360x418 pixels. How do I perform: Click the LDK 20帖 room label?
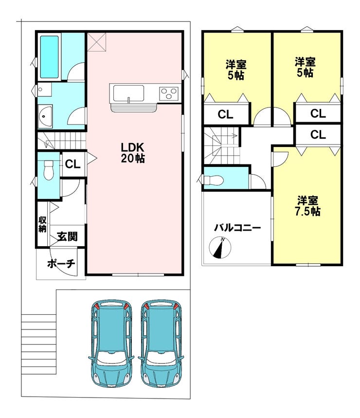tap(133, 153)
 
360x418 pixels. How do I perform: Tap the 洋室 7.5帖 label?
tap(307, 206)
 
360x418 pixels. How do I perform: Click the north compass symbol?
tap(220, 248)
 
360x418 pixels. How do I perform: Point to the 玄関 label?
tap(67, 236)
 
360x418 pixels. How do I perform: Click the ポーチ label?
tap(61, 264)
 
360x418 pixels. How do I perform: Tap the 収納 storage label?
tap(42, 224)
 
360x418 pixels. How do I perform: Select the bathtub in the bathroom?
tap(49, 57)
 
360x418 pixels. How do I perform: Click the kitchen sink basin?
tap(129, 93)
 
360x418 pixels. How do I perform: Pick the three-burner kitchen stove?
tap(169, 93)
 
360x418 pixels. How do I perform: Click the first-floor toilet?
tap(49, 170)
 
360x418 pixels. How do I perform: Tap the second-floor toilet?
tap(213, 180)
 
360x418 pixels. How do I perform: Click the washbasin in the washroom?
tap(45, 116)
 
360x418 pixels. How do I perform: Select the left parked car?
tap(111, 343)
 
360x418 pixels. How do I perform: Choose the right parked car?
tap(161, 343)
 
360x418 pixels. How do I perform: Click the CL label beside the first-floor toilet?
tap(73, 164)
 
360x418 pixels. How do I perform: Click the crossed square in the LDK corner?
tap(96, 41)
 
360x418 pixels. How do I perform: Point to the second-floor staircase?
tap(222, 145)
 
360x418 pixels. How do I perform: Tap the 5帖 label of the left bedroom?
tap(236, 75)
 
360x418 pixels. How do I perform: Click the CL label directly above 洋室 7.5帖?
tap(318, 135)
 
